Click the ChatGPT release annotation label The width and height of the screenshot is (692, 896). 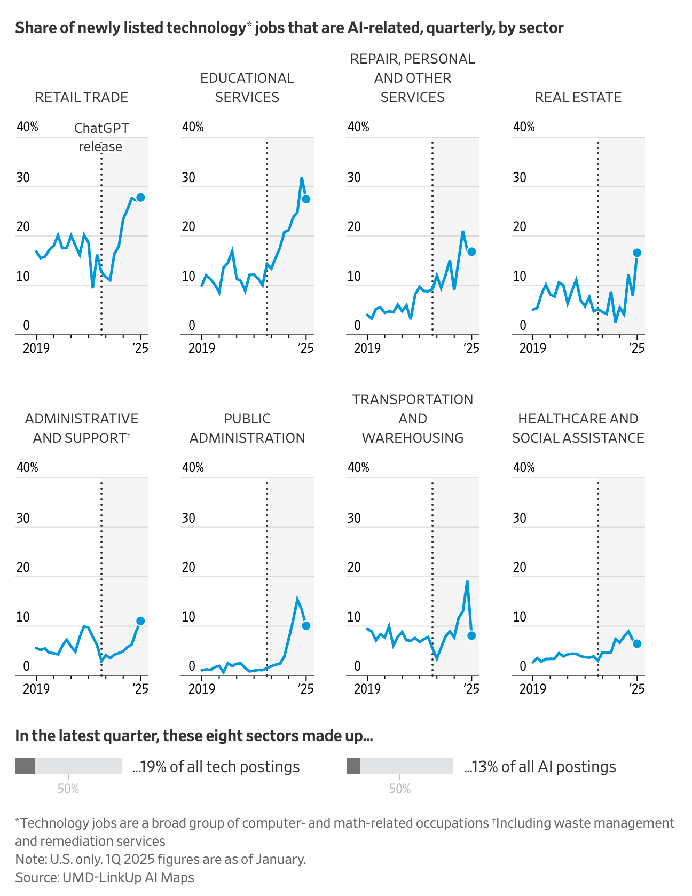[101, 137]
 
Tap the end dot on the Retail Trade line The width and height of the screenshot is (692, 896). [140, 197]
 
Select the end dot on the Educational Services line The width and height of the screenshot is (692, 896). [306, 199]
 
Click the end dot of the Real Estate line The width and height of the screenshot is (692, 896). [637, 253]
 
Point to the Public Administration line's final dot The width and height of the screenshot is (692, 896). [306, 626]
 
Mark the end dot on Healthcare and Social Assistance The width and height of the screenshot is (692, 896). [637, 643]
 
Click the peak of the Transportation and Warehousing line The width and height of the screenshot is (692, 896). [467, 581]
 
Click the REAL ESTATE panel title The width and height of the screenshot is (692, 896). [578, 97]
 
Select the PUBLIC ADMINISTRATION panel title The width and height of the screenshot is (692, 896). [247, 428]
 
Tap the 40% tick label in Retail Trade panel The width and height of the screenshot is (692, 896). [27, 127]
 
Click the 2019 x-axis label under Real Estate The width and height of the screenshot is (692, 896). [532, 348]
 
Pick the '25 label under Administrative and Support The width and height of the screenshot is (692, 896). [140, 689]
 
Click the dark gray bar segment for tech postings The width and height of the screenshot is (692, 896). [25, 765]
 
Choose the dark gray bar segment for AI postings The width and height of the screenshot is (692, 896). [353, 765]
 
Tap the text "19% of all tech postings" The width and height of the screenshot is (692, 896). [216, 767]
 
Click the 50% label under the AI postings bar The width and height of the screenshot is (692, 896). [399, 789]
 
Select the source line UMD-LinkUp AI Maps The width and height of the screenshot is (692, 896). [105, 877]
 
